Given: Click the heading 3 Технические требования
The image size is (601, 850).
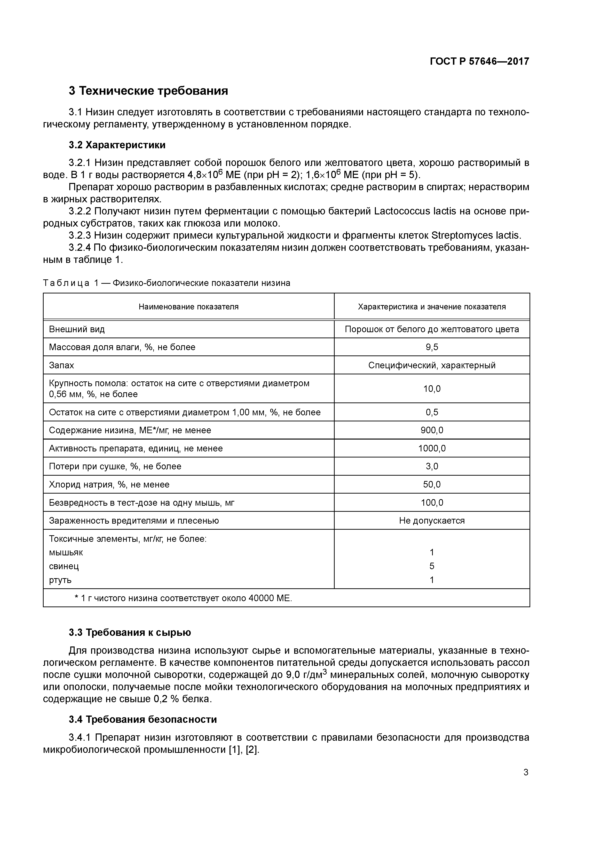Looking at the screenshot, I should (148, 91).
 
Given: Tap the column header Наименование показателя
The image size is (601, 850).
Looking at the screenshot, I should (189, 307).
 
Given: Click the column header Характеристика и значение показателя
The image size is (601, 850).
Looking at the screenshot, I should (432, 307).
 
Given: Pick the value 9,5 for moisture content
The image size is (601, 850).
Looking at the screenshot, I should (432, 347).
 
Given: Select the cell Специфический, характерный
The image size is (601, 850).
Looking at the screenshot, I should (432, 365).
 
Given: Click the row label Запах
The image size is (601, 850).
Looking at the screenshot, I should (62, 365).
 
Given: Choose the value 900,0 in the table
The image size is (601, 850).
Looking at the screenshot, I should (432, 430).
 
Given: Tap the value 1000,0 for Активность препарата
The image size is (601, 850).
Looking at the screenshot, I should (432, 448).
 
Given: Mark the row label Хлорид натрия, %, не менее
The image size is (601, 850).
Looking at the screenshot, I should (109, 484).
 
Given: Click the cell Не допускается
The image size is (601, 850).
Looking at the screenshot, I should (432, 520).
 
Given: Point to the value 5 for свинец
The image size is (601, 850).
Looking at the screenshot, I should (432, 566).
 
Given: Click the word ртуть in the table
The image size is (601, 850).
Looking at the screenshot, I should (60, 580).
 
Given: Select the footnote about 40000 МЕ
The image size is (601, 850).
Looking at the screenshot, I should (183, 598).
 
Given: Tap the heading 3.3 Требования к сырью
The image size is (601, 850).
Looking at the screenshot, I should (130, 632).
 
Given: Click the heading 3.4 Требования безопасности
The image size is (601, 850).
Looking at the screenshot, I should (142, 719).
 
